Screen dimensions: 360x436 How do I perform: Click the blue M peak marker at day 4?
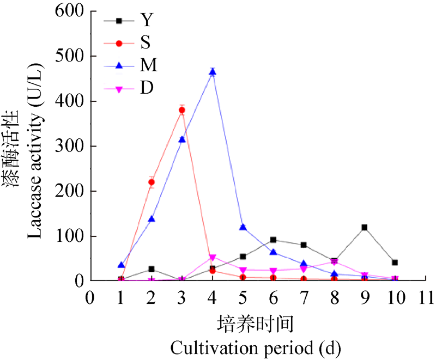pos(213,72)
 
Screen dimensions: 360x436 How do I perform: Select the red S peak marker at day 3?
pos(182,110)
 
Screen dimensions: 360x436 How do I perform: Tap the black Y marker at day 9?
pos(364,227)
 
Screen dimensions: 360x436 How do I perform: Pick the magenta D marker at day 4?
pos(213,258)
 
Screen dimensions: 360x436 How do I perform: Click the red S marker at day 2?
pos(152,182)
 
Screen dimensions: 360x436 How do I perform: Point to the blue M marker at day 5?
pos(243,227)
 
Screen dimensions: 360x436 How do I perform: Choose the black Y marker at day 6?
pos(273,240)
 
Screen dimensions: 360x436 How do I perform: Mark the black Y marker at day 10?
pos(395,263)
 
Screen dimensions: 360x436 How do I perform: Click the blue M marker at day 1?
pos(121,265)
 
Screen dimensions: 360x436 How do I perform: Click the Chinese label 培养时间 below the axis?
pos(256,325)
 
